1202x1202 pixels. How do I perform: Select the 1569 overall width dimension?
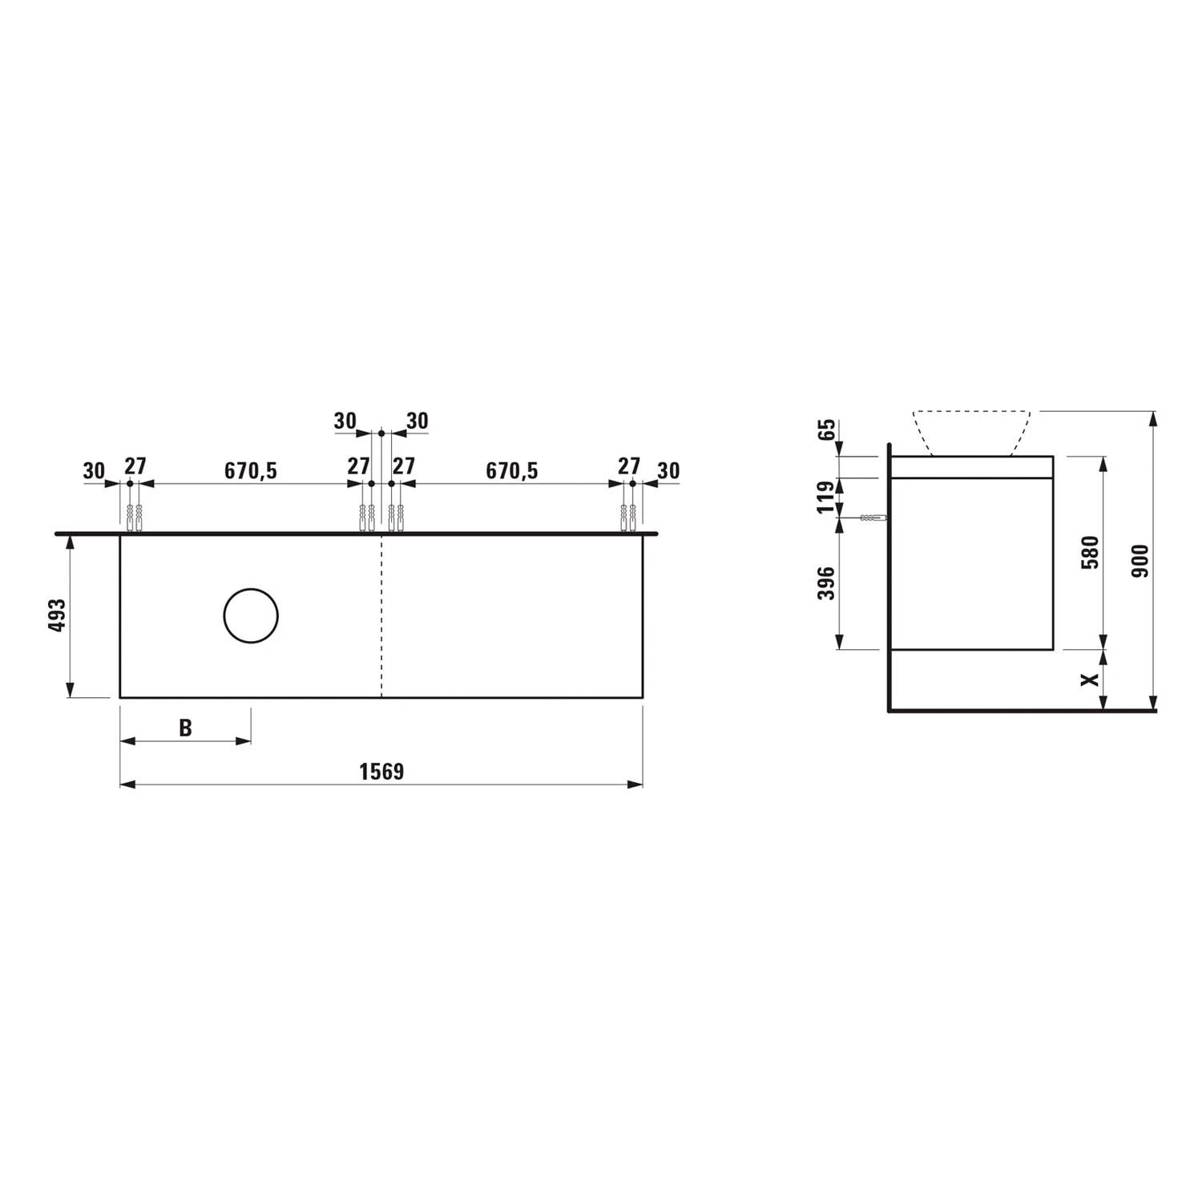coord(381,772)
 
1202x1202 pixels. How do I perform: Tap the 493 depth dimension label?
coord(57,615)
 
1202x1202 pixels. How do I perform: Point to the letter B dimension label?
coord(185,728)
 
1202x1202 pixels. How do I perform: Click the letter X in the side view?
coord(1089,680)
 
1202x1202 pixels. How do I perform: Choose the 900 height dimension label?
coord(1140,561)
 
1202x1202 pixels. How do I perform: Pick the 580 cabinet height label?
coord(1090,552)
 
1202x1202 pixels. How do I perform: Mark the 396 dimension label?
coord(826,583)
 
